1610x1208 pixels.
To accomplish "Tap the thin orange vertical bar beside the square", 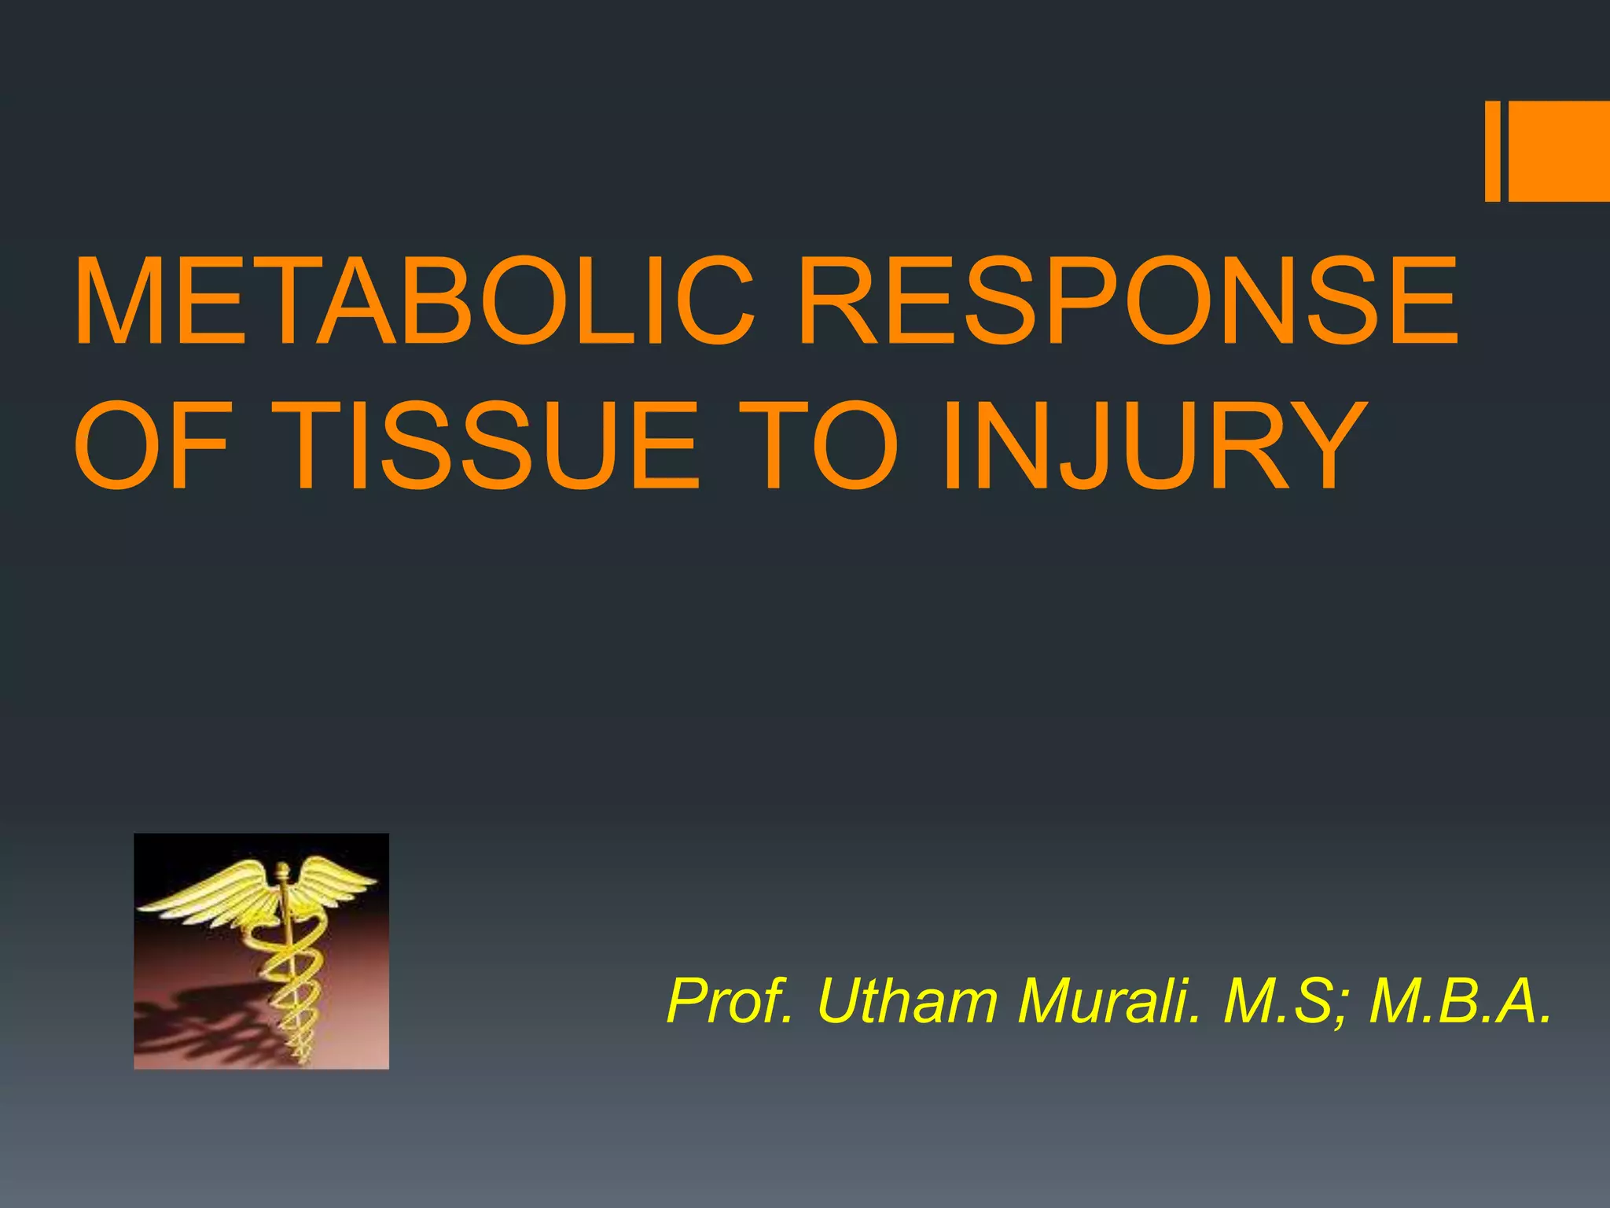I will pos(1492,151).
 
